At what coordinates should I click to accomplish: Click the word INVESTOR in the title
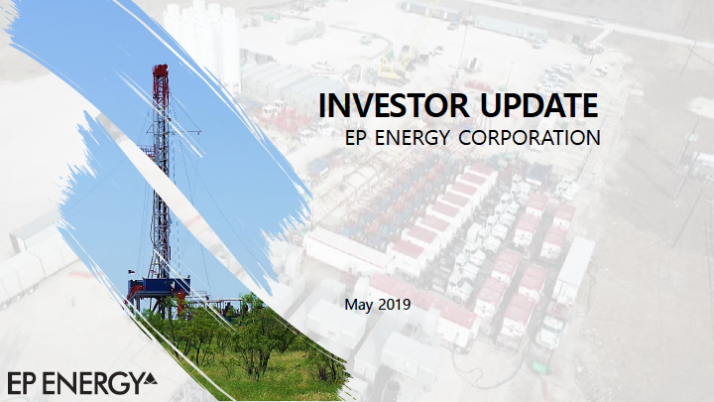(394, 105)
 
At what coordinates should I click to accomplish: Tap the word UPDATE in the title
(538, 105)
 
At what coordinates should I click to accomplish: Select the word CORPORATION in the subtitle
(530, 138)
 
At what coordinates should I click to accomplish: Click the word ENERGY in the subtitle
(413, 138)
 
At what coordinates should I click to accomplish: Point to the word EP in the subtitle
(356, 138)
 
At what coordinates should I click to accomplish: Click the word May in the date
(358, 305)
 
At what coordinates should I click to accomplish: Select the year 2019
(394, 304)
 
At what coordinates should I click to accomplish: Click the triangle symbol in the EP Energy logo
(150, 378)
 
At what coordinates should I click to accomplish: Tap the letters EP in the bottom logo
(21, 383)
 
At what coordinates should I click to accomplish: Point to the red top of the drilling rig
(161, 71)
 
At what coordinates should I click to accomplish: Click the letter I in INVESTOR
(323, 106)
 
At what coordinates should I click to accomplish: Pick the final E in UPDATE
(589, 106)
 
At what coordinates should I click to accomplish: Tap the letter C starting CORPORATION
(466, 138)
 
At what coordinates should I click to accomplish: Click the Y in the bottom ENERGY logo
(134, 384)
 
